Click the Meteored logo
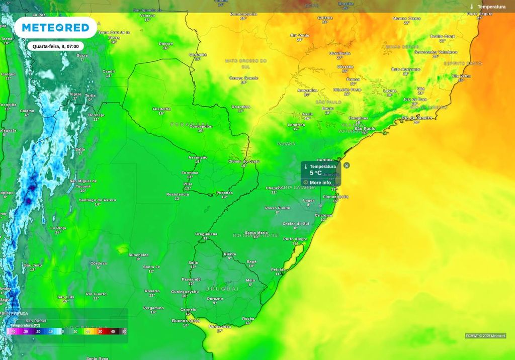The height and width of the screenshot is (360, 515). (55, 28)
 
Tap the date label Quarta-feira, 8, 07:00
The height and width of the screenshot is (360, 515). (55, 46)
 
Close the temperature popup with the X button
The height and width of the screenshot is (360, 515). (347, 165)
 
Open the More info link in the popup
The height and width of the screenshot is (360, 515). (320, 183)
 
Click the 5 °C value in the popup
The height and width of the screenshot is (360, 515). (316, 173)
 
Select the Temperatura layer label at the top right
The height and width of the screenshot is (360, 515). (491, 7)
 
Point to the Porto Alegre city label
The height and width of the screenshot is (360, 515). (295, 239)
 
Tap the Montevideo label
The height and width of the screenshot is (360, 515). (220, 326)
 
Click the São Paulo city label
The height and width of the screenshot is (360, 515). (365, 128)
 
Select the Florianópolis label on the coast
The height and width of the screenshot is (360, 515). (336, 197)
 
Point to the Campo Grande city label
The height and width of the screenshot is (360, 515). (243, 78)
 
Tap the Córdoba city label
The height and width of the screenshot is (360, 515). (99, 263)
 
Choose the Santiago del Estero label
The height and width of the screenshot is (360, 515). (98, 200)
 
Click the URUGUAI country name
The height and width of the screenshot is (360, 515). (222, 289)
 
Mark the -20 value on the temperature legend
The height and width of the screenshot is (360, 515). (38, 332)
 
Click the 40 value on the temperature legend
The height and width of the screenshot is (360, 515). (113, 332)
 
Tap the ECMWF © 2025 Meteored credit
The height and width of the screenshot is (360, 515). (485, 336)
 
